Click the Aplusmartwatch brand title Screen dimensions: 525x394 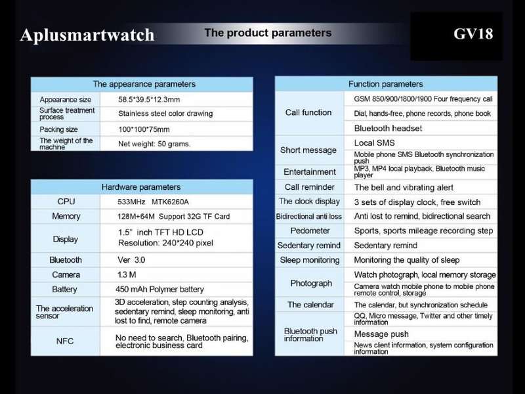click(x=87, y=35)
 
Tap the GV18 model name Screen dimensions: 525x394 click(x=473, y=33)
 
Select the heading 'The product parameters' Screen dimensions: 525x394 click(x=268, y=33)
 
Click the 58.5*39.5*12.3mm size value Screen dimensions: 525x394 click(x=149, y=100)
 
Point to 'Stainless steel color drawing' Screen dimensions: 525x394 click(x=165, y=114)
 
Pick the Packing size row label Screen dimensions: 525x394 click(x=58, y=129)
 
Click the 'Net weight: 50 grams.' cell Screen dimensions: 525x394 click(x=154, y=144)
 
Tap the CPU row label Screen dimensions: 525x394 click(x=66, y=202)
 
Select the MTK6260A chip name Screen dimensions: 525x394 click(x=170, y=202)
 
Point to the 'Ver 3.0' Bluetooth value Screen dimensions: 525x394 click(x=131, y=260)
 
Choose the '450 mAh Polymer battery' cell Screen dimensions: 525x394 click(x=159, y=289)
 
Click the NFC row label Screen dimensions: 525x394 click(x=64, y=341)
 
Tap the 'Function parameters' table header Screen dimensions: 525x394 click(x=386, y=84)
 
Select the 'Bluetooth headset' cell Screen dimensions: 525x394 click(x=388, y=128)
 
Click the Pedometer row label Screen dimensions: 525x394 click(x=310, y=231)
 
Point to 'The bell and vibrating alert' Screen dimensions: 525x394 click(x=404, y=188)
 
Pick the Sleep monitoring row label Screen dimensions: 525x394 click(x=310, y=260)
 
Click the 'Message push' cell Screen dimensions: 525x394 click(x=381, y=334)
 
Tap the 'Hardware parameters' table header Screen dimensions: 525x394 click(x=141, y=187)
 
